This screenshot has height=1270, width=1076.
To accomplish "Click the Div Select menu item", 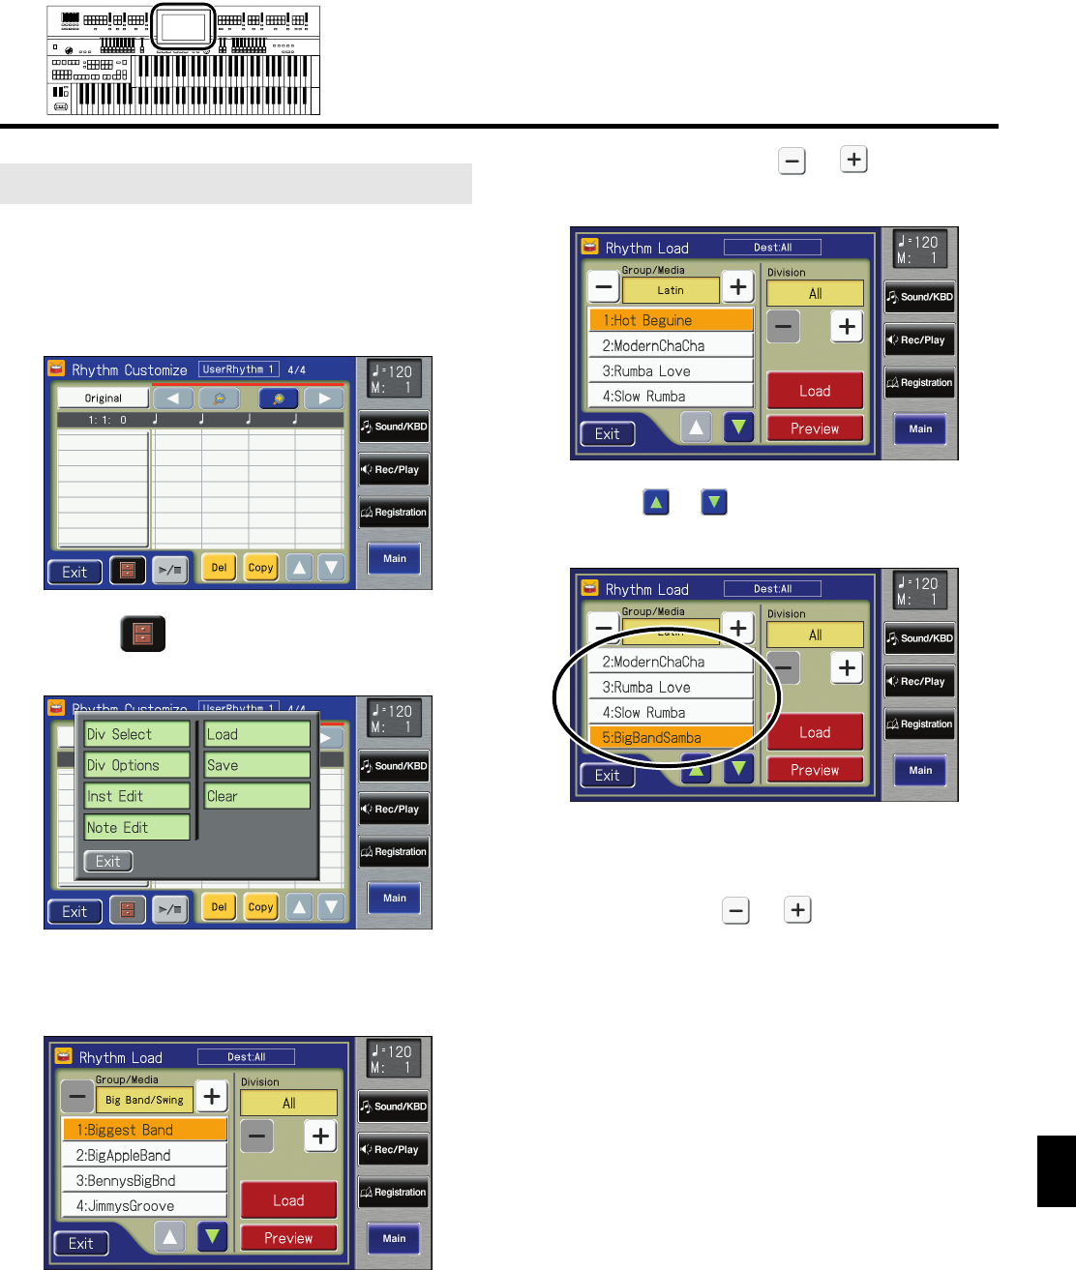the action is click(136, 735).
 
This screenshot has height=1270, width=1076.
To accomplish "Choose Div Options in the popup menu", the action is click(136, 766).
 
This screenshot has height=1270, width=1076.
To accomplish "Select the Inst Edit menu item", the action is click(136, 797).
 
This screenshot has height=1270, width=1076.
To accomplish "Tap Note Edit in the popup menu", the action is click(136, 828).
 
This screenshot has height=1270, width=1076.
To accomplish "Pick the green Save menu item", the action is click(256, 766).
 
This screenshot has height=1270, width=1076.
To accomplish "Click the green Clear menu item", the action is click(256, 797).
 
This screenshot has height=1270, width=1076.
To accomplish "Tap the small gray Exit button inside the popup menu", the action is click(108, 862).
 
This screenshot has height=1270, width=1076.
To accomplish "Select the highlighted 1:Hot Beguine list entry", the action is click(671, 320).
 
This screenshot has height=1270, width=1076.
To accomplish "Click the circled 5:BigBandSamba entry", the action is click(671, 738).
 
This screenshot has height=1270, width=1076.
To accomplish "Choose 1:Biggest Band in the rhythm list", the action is click(144, 1130).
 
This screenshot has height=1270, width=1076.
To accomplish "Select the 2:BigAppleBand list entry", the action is click(144, 1155).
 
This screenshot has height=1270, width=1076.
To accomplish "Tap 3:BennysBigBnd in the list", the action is click(144, 1180).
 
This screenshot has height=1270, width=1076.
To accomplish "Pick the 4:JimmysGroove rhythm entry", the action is click(144, 1205).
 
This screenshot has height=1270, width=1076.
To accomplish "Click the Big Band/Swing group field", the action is click(144, 1100).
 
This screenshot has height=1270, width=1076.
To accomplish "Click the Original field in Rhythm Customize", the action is click(104, 398).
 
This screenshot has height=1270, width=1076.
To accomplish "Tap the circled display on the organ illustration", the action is click(184, 28).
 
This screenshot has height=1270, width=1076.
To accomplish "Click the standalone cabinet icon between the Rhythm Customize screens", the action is click(143, 635).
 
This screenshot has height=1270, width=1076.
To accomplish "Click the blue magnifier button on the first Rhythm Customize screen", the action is click(278, 398).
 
